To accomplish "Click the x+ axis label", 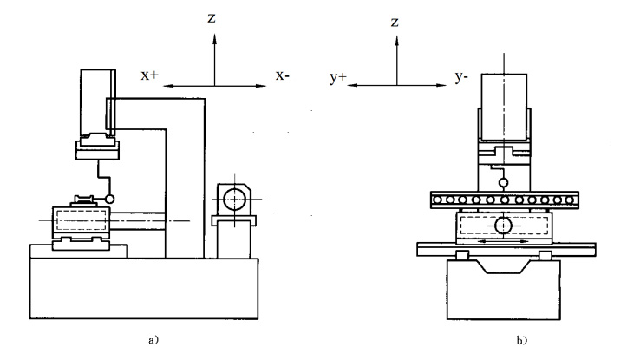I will tap(150, 76).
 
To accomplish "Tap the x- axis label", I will tap(283, 76).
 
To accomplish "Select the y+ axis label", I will tap(337, 78).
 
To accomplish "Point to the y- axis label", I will tap(463, 78).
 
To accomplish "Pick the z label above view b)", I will tap(395, 20).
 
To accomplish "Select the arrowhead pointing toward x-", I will tap(262, 86).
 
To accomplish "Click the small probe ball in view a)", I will tap(110, 200).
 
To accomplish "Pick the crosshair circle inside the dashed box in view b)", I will tap(503, 226).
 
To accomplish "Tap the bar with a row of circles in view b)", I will tap(503, 200).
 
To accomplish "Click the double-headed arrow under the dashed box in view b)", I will tap(504, 242).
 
